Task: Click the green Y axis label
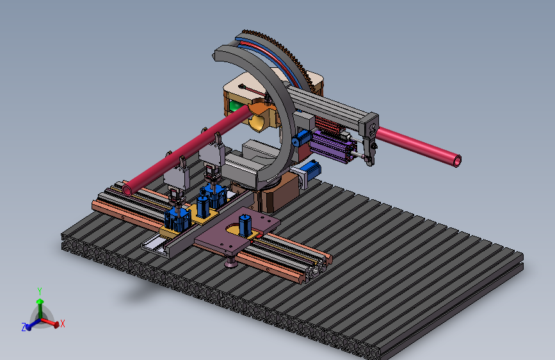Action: coord(40,291)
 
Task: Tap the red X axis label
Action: coord(63,323)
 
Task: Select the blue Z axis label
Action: coord(24,327)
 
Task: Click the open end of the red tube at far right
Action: coord(457,161)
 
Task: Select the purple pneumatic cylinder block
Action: coord(333,146)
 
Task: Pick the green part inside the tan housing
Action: coord(235,105)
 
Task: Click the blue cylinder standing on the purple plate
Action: coord(245,225)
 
